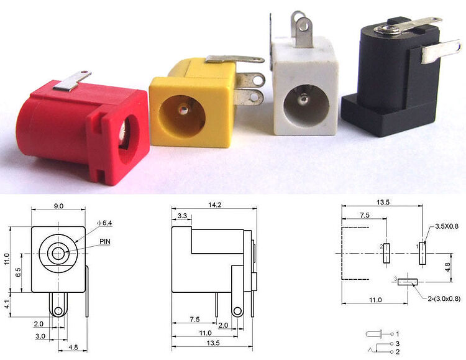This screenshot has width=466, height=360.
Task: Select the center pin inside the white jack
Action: [x=303, y=98]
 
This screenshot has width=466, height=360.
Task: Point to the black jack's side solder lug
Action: [x=441, y=52]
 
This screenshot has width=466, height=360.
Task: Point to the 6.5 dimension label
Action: [x=19, y=272]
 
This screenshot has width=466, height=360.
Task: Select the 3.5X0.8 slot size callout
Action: [x=446, y=226]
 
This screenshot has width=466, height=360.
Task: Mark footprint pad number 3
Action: [x=407, y=282]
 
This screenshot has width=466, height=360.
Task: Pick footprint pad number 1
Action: [x=423, y=254]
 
